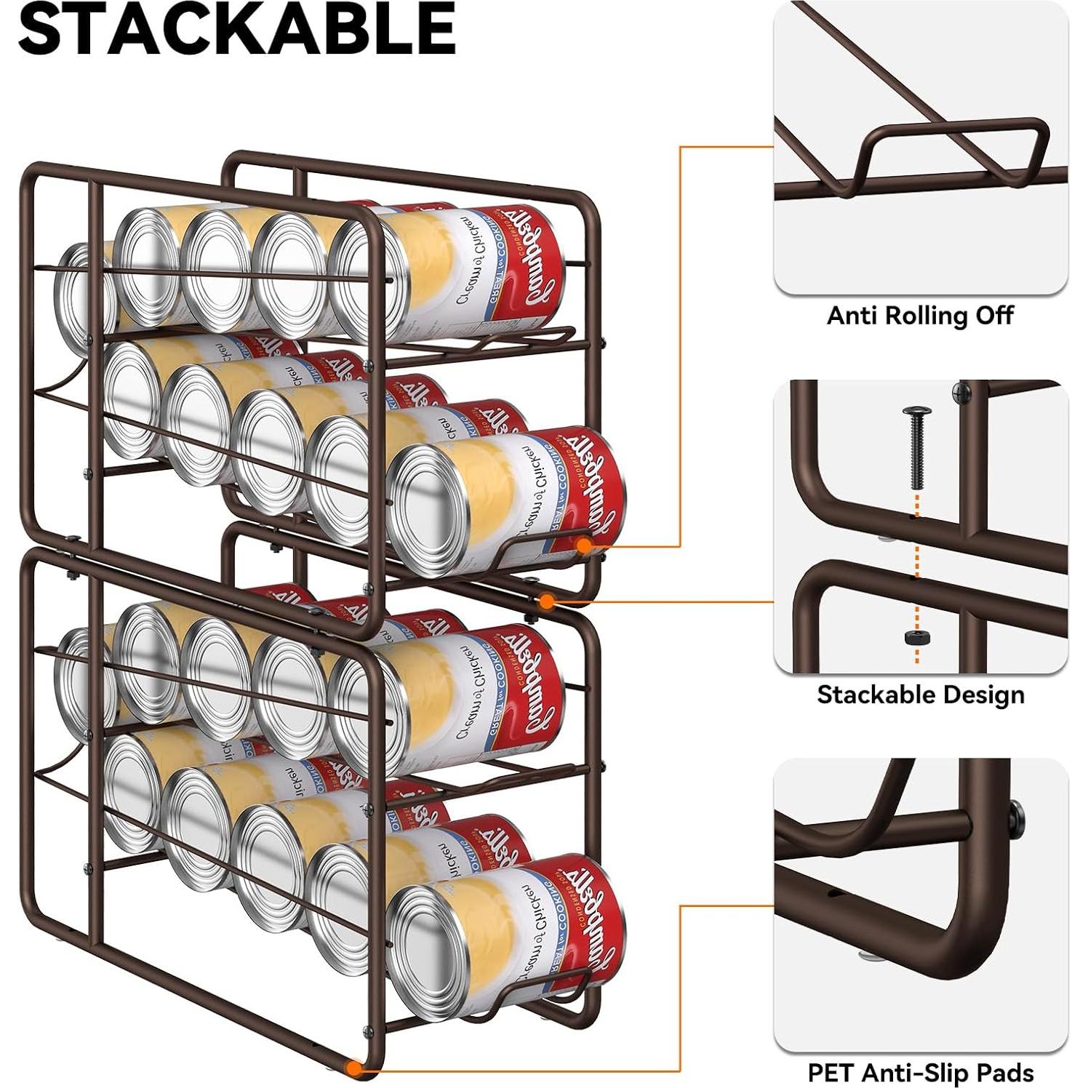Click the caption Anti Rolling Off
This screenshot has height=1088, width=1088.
point(920,316)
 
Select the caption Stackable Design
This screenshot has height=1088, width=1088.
point(920,695)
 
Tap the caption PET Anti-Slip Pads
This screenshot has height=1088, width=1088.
point(920,1073)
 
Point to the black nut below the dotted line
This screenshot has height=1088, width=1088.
point(916,638)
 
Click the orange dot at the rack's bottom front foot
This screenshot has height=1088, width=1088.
point(355,1068)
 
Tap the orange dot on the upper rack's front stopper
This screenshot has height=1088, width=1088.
point(584,544)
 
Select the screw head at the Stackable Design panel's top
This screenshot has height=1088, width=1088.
point(962,393)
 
